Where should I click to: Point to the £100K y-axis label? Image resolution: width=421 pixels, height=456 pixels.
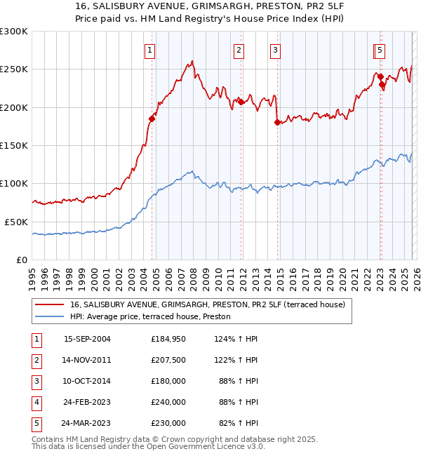tap(14, 184)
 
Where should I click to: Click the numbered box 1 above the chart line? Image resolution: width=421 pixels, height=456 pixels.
tap(151, 50)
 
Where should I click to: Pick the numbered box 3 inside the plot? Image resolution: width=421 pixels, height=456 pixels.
tap(275, 50)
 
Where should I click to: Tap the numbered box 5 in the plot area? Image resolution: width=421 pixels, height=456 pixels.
tap(379, 50)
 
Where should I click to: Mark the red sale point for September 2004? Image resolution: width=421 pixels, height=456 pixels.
tap(152, 119)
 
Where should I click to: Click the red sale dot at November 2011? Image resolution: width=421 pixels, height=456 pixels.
tap(241, 102)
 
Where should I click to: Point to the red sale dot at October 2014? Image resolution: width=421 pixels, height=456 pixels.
tap(277, 123)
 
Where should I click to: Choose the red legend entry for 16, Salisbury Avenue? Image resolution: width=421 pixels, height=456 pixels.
tap(207, 305)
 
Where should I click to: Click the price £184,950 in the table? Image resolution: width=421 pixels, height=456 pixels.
tap(168, 339)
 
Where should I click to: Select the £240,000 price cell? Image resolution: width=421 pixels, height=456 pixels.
tap(168, 402)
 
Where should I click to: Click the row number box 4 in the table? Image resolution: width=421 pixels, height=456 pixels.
tap(35, 402)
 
